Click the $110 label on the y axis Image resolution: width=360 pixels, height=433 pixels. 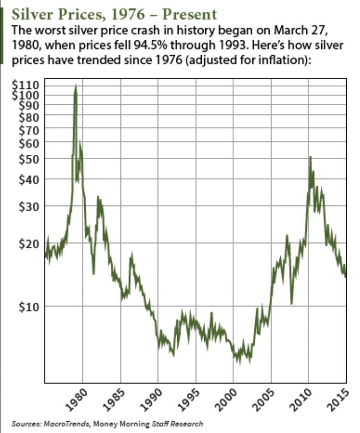[x=29, y=85]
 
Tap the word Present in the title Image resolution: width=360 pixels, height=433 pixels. [x=189, y=15]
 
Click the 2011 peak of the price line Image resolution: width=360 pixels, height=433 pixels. [x=310, y=157]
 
